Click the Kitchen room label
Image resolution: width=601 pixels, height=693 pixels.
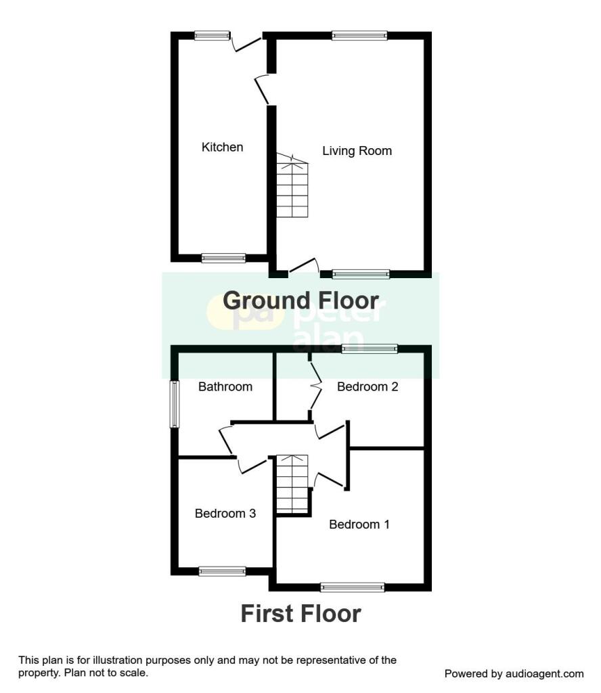[x=222, y=147]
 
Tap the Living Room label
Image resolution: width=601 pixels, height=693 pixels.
[x=357, y=150]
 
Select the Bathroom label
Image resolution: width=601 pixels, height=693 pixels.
[x=225, y=386]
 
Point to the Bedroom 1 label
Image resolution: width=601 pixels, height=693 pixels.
[x=359, y=524]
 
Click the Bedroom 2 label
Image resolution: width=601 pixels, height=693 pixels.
[x=368, y=386]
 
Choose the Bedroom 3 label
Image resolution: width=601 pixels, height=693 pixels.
[x=225, y=513]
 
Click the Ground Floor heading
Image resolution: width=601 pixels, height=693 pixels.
[x=300, y=300]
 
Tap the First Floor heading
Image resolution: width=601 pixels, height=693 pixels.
[x=300, y=614]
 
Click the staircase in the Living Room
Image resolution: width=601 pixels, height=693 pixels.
[x=292, y=185]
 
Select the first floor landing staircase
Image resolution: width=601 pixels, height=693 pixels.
[x=292, y=485]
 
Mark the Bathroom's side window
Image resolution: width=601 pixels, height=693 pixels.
[x=174, y=404]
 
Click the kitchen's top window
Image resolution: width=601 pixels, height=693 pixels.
[x=211, y=36]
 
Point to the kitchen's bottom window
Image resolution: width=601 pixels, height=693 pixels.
[x=223, y=258]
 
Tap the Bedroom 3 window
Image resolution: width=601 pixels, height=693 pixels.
[x=222, y=571]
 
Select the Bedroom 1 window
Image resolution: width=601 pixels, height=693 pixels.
[x=353, y=587]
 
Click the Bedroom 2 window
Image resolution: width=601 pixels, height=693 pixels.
[x=370, y=349]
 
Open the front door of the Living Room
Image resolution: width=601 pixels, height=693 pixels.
[x=305, y=267]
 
